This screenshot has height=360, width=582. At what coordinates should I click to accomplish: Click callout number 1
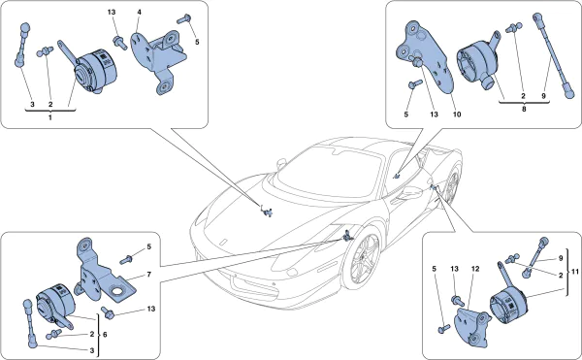tap(50, 117)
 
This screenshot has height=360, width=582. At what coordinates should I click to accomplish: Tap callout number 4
tap(139, 13)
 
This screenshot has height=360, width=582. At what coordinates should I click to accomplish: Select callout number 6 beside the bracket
tap(105, 335)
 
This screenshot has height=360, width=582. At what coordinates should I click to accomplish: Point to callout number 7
tap(148, 275)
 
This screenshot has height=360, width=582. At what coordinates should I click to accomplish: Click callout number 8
tap(524, 109)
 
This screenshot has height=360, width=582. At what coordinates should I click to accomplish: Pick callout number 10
tap(457, 115)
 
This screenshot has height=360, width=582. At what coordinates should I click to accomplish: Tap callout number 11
tap(574, 272)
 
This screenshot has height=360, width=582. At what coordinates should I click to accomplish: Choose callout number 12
tap(475, 269)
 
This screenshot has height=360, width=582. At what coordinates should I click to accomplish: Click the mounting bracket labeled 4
tap(159, 59)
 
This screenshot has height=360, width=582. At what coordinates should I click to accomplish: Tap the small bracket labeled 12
tap(472, 328)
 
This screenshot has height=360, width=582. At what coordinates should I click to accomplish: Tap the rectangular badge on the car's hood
tap(223, 242)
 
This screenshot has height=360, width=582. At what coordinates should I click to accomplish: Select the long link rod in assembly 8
tap(553, 55)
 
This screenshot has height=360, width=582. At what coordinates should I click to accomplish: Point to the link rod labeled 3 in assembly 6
tap(30, 323)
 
